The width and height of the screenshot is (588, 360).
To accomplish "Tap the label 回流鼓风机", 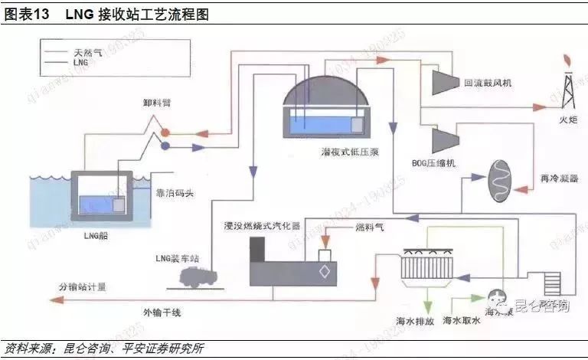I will [x=488, y=82].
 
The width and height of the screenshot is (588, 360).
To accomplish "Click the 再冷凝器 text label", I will [x=559, y=178].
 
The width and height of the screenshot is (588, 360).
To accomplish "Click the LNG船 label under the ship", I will [x=96, y=235].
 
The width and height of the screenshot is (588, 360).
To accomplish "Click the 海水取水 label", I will [x=462, y=321].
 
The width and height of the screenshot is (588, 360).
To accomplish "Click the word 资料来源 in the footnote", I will [x=26, y=349].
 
